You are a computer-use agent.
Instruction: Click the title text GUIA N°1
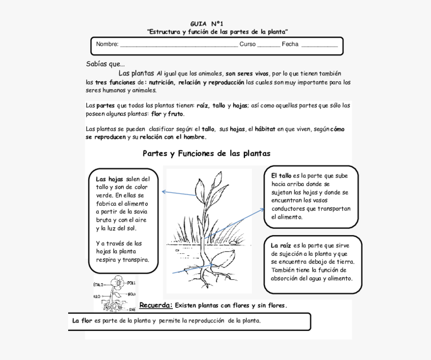point(206,24)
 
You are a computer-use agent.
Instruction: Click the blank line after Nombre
point(178,45)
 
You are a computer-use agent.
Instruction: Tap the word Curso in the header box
point(247,44)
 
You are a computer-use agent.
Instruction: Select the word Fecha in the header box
point(290,44)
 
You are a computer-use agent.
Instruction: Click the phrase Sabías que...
point(105,64)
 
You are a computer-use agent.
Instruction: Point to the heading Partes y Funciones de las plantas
point(206,153)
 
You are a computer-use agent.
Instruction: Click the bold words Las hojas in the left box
point(109,179)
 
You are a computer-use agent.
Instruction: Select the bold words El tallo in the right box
point(281,176)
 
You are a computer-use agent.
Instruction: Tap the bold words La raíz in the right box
point(281,246)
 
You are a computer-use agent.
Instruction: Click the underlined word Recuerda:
point(156,305)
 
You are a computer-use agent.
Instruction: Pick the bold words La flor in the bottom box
point(82,321)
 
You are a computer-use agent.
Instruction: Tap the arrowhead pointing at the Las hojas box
point(164,191)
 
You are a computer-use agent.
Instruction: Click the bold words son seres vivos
point(247,74)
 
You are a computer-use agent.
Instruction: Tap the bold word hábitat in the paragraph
point(265,129)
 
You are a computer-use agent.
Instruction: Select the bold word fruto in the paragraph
point(176,114)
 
